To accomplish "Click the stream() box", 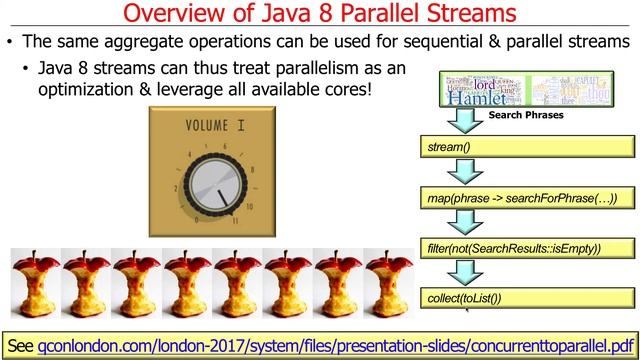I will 527,148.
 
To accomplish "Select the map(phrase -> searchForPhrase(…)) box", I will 527,198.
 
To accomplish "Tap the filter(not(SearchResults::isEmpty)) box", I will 527,247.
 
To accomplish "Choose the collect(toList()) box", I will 527,297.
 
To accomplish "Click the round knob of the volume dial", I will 217,184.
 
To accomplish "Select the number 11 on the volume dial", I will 235,220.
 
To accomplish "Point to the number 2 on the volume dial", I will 175,188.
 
